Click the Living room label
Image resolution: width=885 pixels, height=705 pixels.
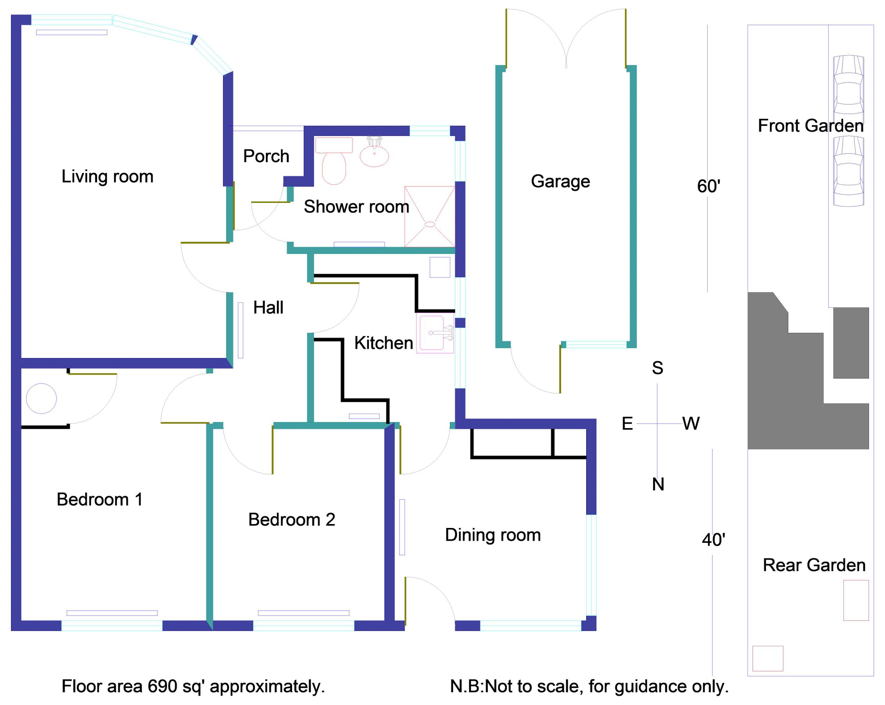click(107, 177)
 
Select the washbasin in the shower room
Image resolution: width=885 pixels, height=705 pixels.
click(374, 155)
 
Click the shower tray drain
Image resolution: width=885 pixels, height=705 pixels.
click(429, 224)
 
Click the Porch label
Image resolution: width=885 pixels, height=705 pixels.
click(266, 156)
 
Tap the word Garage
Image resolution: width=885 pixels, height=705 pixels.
click(560, 181)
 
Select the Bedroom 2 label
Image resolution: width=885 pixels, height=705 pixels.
click(291, 519)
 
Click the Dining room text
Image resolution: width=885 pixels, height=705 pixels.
click(493, 535)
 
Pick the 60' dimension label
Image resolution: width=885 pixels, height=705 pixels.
click(708, 186)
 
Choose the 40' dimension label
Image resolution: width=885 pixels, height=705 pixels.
click(713, 540)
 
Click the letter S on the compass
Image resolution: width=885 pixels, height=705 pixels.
click(657, 368)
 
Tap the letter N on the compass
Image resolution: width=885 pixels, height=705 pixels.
click(658, 484)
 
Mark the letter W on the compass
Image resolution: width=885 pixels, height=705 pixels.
click(691, 423)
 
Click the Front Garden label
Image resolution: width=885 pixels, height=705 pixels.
click(810, 126)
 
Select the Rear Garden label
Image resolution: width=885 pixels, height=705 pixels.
click(814, 565)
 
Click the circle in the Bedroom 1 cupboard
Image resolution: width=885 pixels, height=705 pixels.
click(42, 398)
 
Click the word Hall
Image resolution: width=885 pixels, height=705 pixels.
click(268, 307)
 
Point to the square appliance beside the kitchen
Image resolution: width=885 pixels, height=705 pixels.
click(440, 267)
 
